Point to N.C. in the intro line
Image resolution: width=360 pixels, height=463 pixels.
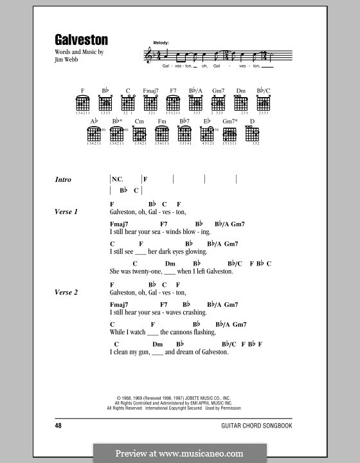[117, 179]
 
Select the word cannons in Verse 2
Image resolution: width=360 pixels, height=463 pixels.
[184, 332]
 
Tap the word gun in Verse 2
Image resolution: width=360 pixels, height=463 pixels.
[142, 352]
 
